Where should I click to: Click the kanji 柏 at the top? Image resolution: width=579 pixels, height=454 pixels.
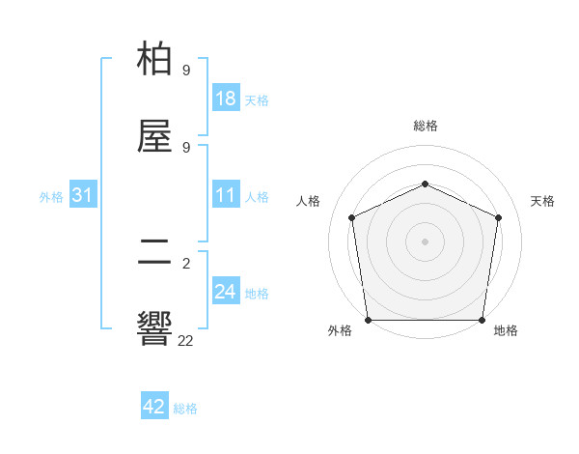tap(155, 60)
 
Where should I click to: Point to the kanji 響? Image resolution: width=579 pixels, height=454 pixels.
tap(155, 328)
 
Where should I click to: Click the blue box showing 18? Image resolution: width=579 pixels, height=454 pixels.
tap(226, 99)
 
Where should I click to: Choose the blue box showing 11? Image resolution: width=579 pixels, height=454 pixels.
tap(226, 196)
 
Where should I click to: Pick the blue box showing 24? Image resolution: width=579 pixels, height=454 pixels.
tap(226, 292)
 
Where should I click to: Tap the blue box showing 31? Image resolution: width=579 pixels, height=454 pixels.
tap(83, 196)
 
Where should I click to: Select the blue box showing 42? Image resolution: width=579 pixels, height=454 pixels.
tap(154, 407)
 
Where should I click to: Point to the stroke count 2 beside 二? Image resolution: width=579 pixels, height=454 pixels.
tap(186, 263)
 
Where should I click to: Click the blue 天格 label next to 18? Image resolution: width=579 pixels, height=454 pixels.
tap(257, 99)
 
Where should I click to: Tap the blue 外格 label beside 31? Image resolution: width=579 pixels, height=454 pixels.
tap(51, 197)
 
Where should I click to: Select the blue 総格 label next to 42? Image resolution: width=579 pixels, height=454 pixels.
tap(185, 408)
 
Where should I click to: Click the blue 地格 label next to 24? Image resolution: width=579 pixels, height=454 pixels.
tap(257, 293)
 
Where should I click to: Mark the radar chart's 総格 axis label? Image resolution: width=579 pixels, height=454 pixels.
tap(425, 126)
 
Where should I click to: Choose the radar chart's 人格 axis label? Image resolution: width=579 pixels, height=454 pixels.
tap(309, 201)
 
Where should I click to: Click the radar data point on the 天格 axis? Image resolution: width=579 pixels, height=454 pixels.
tap(498, 217)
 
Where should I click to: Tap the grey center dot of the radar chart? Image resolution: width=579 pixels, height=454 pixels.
tap(425, 241)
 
